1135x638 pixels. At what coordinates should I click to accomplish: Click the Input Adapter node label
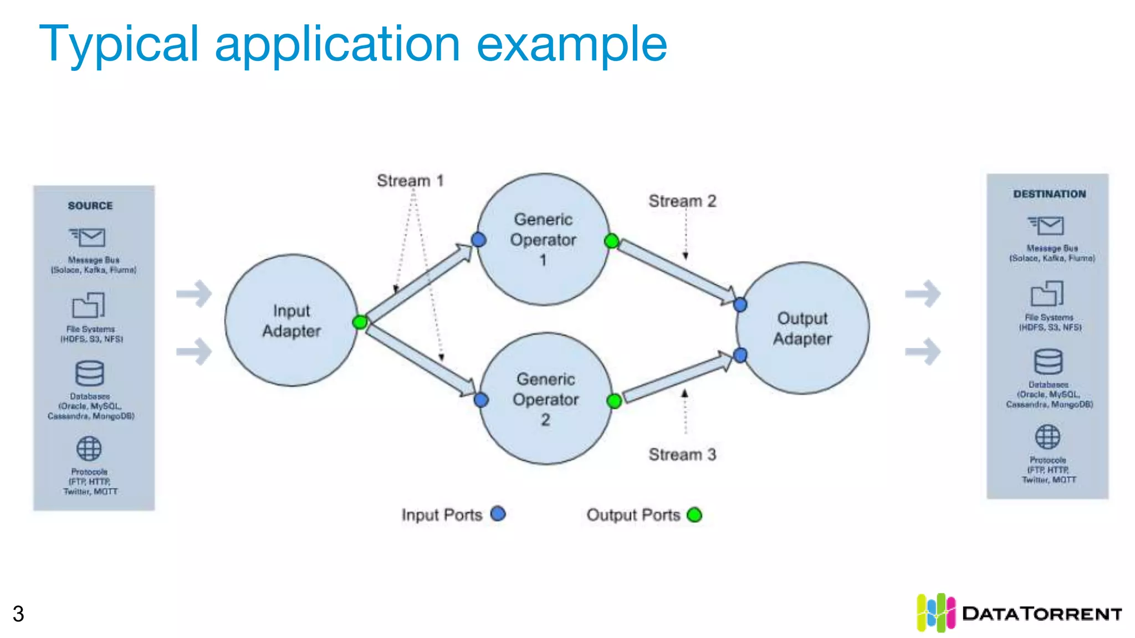292,321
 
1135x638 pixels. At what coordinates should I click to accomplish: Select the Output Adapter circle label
802,328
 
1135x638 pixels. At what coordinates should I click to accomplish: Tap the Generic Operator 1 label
543,239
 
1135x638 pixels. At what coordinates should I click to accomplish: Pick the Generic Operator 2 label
546,399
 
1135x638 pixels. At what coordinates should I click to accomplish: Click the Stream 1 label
410,181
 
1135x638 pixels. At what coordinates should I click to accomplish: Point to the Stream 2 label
682,201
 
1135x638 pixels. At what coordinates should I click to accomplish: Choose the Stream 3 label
682,455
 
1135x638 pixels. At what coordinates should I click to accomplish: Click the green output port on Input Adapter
360,322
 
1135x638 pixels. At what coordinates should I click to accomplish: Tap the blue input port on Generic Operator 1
479,240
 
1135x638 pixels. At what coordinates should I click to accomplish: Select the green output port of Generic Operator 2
614,401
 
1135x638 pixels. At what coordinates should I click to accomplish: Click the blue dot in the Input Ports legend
498,514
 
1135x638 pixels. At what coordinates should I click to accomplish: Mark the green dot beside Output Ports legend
694,515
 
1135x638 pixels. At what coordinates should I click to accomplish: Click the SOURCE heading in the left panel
90,205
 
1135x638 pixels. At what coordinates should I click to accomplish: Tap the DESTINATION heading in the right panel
1050,194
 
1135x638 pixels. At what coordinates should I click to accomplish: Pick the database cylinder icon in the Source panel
89,373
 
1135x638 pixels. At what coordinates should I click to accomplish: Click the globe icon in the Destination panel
1047,437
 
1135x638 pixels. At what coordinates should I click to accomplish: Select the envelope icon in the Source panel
88,238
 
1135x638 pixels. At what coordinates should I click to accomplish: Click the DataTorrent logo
1019,613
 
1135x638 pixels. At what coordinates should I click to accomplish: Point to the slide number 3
18,614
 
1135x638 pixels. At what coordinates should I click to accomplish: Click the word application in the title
338,44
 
